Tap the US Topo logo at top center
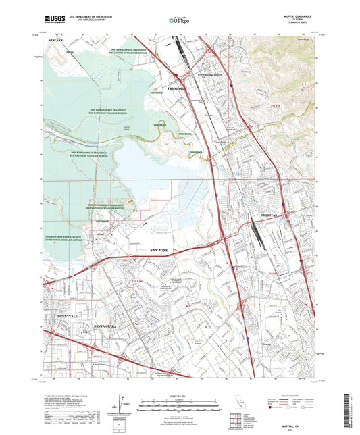[177, 21]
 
